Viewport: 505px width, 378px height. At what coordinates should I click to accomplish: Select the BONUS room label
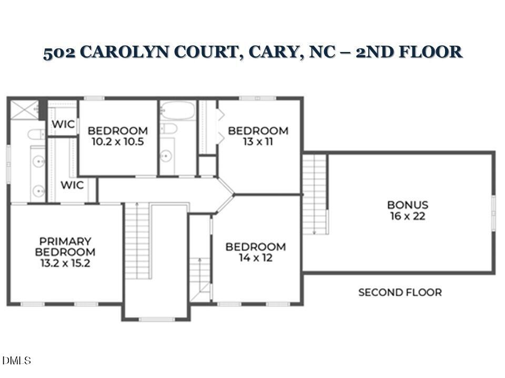tap(408, 205)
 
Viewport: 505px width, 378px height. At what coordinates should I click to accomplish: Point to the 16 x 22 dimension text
tap(408, 216)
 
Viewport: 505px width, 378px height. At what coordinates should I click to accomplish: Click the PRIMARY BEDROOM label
tap(65, 247)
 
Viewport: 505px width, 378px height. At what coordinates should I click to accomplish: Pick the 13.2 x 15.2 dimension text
tap(65, 264)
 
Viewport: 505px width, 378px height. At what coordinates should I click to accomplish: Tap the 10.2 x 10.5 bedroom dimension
tap(118, 142)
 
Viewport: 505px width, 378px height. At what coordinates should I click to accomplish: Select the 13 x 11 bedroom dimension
tap(258, 142)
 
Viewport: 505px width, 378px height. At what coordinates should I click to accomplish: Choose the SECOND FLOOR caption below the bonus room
tap(400, 292)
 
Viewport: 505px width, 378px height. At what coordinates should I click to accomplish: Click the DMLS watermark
tap(17, 361)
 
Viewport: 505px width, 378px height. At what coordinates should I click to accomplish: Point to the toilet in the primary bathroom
tap(36, 134)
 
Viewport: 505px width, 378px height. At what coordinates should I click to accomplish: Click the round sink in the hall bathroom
tap(166, 155)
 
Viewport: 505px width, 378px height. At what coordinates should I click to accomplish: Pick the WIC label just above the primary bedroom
tap(72, 185)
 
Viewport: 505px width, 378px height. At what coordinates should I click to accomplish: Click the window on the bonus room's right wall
tap(493, 212)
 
